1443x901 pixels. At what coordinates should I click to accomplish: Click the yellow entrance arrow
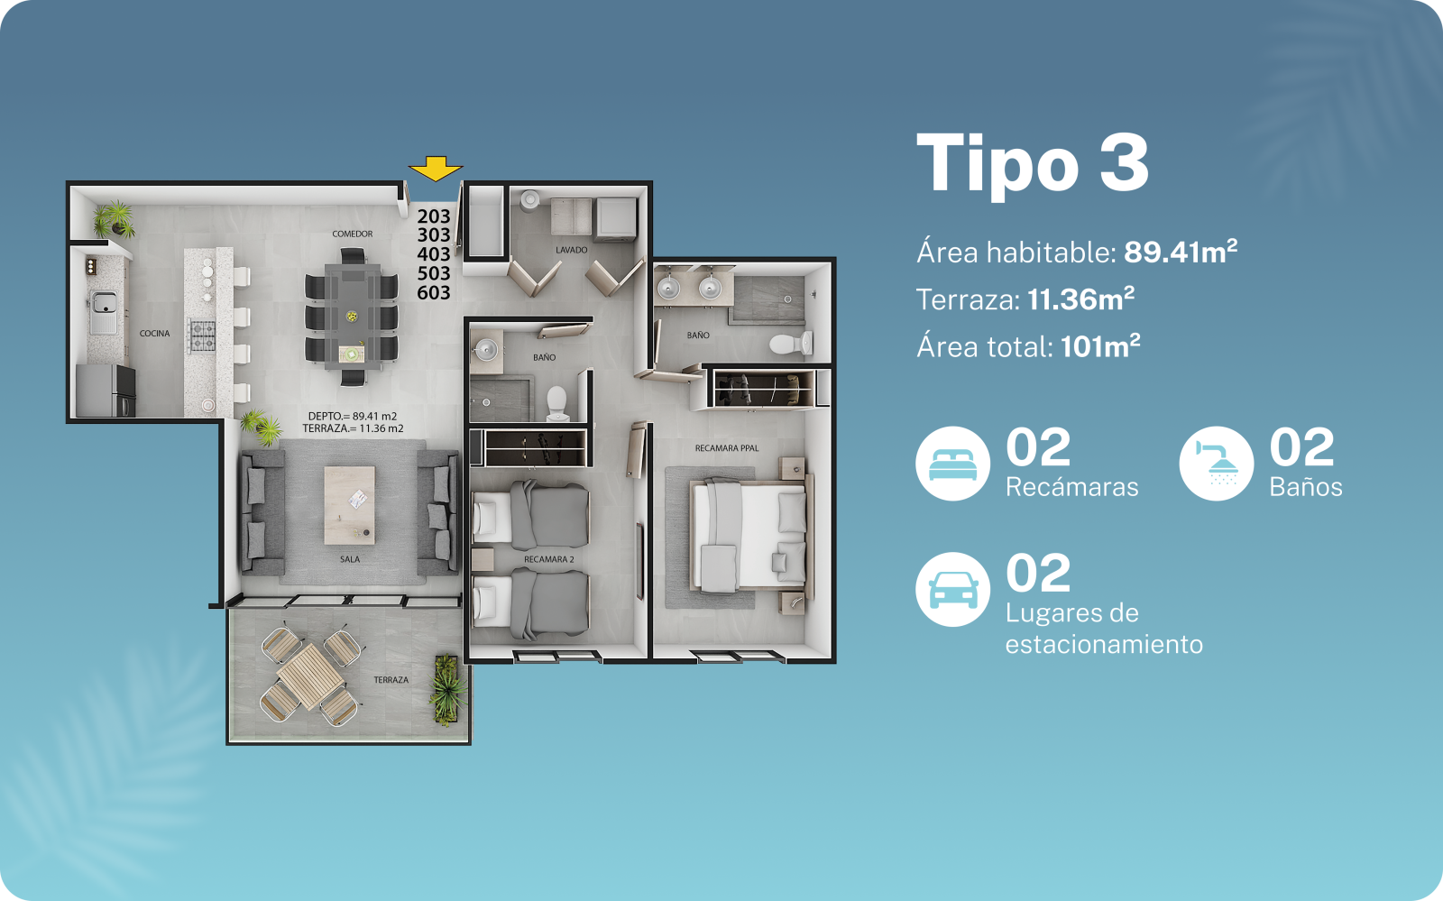(436, 168)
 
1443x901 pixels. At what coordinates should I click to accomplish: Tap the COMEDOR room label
(353, 234)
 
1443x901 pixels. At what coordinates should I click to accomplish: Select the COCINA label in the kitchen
(154, 333)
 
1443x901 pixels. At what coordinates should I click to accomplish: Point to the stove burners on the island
(202, 336)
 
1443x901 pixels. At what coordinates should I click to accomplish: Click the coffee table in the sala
(350, 505)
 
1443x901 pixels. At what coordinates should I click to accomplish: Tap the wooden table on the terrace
(310, 676)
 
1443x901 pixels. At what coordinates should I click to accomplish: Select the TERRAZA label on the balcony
(391, 679)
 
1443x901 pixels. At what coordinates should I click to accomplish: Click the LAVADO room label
(572, 250)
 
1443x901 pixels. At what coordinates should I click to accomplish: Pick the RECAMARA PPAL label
(727, 448)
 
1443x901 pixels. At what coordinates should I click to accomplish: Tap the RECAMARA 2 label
(549, 559)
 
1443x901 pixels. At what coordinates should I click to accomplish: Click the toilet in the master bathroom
(792, 344)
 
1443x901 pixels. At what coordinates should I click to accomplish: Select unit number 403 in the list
(434, 253)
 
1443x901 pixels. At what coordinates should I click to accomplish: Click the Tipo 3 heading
(1032, 164)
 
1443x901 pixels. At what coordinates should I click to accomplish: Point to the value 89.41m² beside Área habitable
(1181, 252)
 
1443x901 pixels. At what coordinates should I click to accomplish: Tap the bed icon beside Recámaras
(952, 464)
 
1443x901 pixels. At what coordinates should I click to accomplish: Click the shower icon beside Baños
(1217, 464)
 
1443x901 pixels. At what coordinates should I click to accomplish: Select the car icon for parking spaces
(952, 589)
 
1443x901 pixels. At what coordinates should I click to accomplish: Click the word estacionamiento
(1104, 644)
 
